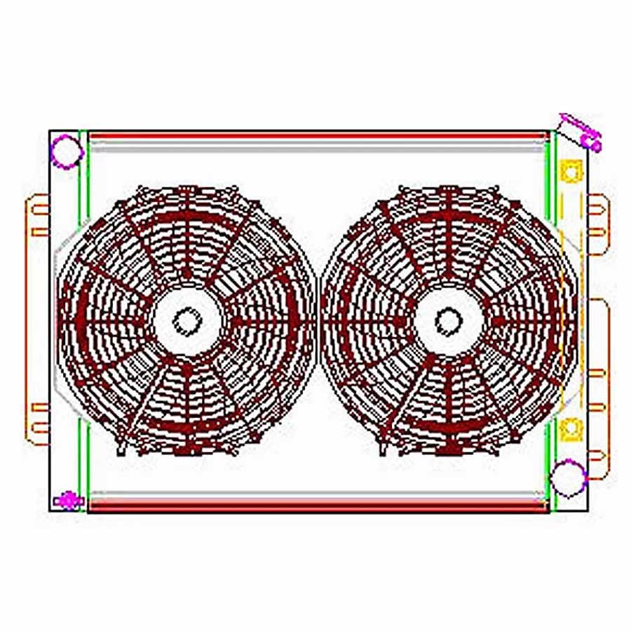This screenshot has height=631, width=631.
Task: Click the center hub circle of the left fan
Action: (186, 321)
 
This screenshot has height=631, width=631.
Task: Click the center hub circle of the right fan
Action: (448, 321)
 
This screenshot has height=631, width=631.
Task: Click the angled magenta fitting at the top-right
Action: (583, 131)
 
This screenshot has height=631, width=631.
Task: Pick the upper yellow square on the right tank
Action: (571, 170)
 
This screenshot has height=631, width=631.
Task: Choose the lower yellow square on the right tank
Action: (571, 426)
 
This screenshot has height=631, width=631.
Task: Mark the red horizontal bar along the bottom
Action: (315, 507)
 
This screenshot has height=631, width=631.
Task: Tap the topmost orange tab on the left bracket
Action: (39, 208)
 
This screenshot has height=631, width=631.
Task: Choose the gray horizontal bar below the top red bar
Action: (315, 147)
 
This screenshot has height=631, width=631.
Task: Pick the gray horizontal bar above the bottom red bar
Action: (315, 494)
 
